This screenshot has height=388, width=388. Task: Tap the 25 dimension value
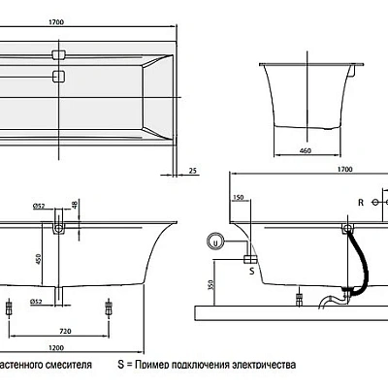193,171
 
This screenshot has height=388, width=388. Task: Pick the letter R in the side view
360,204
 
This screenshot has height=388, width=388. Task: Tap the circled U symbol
215,242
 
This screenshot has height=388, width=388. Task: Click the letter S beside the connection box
251,273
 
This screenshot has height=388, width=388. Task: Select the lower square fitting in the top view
59,74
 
